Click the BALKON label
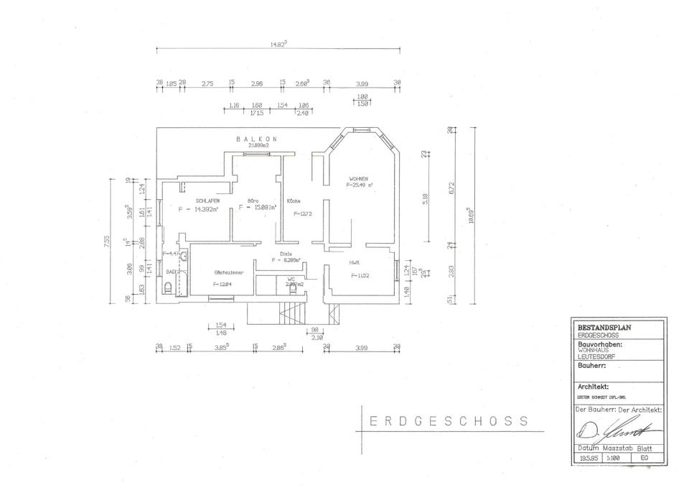[256, 139]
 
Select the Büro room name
[253, 201]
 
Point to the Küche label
[293, 201]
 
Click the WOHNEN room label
[359, 178]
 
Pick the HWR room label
[354, 262]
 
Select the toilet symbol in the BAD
[169, 287]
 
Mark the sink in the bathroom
[184, 256]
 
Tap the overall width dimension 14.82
[278, 44]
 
